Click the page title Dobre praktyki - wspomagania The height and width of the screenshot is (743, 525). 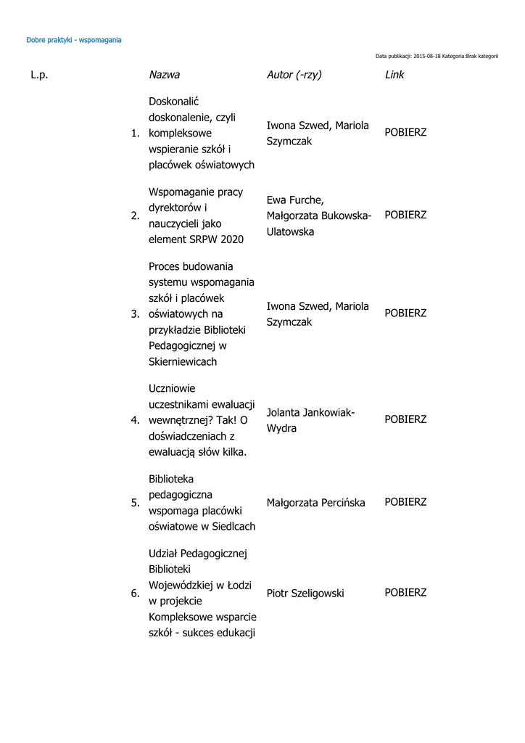click(73, 40)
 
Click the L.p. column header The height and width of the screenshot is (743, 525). click(39, 75)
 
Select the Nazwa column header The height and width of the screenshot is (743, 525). click(164, 75)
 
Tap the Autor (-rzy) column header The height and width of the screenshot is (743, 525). click(294, 75)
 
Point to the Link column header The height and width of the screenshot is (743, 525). click(394, 75)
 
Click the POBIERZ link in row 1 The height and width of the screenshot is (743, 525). click(405, 133)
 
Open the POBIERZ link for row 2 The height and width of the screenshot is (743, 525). click(405, 215)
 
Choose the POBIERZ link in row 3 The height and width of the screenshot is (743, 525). click(405, 313)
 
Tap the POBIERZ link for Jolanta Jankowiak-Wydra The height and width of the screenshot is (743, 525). click(405, 419)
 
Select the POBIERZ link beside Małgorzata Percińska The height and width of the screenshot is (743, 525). click(405, 502)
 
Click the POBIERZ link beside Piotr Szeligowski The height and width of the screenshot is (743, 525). click(405, 593)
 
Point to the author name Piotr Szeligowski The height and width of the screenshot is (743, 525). click(305, 594)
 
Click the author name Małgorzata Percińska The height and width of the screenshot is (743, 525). click(315, 503)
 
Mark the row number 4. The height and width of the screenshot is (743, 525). click(135, 420)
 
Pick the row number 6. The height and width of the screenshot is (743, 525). click(135, 594)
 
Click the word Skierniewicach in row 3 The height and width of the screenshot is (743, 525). click(183, 361)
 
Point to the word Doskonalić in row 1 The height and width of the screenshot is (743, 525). click(173, 102)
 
